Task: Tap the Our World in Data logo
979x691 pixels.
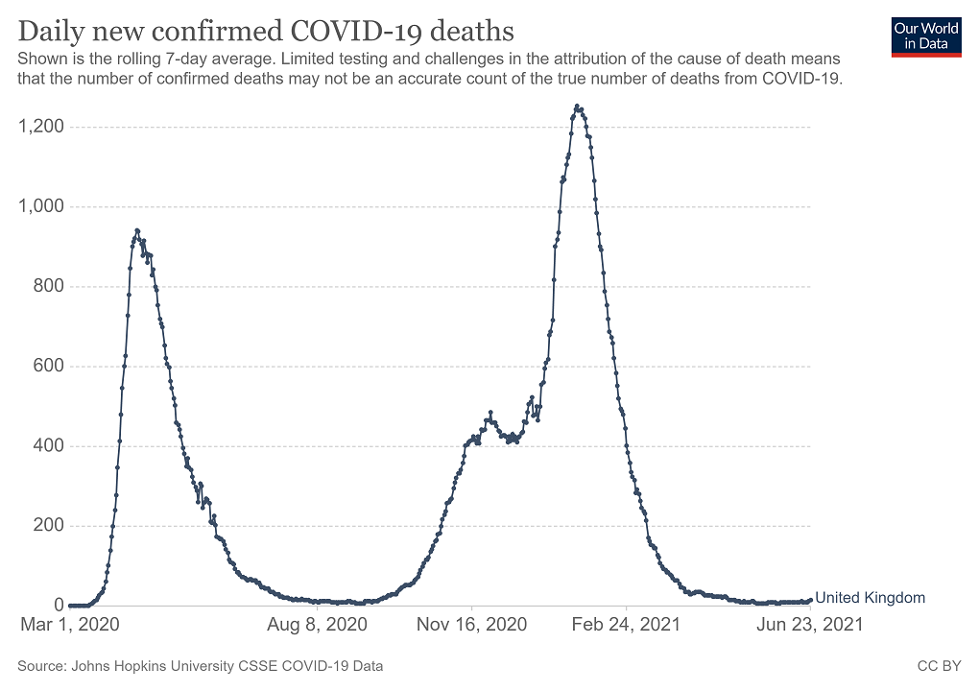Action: tap(926, 36)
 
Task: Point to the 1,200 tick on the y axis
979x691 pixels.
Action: tap(38, 127)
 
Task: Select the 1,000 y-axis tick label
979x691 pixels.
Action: tap(38, 206)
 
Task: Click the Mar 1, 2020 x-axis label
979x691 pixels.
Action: tap(70, 625)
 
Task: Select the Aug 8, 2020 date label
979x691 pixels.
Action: tap(317, 625)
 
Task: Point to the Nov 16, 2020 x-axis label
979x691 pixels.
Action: tap(472, 625)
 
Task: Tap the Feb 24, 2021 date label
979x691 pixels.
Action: tap(626, 625)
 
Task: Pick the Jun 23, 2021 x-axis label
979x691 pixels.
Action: tap(810, 625)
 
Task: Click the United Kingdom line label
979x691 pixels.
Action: tap(870, 598)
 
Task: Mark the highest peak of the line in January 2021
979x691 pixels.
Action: tap(577, 107)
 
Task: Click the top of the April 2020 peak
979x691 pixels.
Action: tap(137, 230)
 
